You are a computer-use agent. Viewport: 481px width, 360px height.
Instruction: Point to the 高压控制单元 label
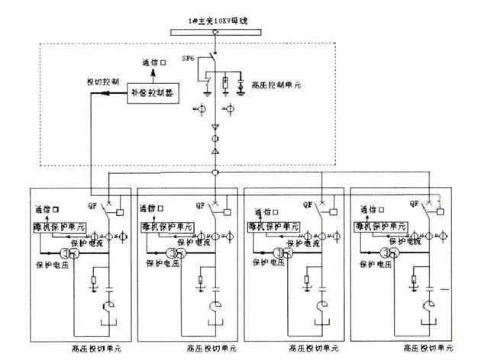pos(274,85)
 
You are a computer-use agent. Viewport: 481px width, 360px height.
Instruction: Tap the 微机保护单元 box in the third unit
pos(278,227)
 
